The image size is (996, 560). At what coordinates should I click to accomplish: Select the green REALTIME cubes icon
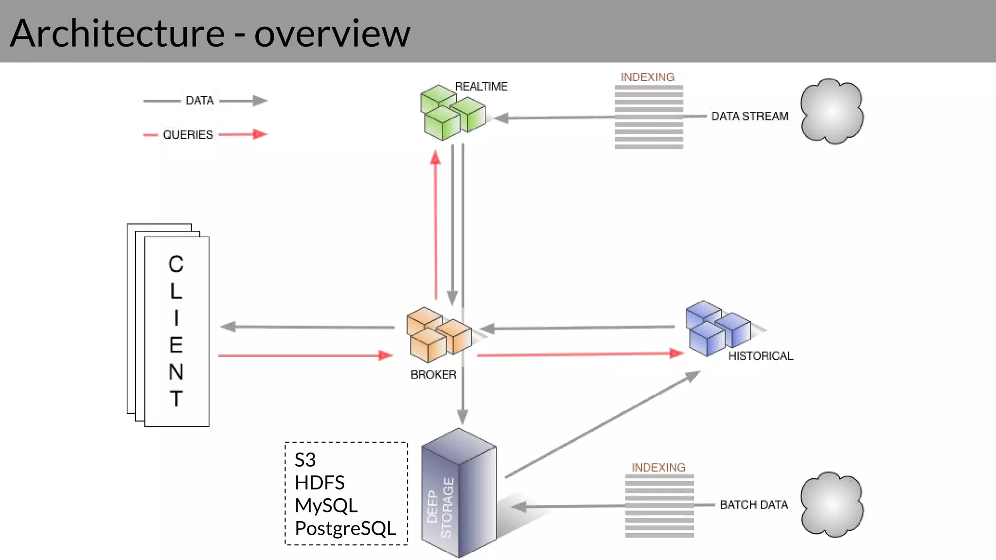(x=451, y=113)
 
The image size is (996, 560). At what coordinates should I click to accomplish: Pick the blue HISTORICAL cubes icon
(x=717, y=328)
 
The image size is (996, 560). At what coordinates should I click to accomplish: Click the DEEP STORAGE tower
(x=459, y=493)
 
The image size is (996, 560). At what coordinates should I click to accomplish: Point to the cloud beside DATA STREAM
(x=832, y=112)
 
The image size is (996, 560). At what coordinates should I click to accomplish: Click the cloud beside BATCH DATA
(x=832, y=505)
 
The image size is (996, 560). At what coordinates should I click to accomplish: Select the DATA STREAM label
(x=749, y=116)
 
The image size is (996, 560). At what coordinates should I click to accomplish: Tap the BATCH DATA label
(x=753, y=505)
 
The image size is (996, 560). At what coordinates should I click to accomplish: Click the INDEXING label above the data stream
(x=647, y=77)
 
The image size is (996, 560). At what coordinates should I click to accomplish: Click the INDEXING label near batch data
(x=658, y=468)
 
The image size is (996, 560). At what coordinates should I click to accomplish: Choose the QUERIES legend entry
(x=188, y=135)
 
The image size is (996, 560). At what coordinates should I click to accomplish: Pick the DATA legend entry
(x=199, y=101)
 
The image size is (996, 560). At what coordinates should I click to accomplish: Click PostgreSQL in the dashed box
(x=345, y=528)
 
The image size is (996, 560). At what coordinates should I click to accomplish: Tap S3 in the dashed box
(x=305, y=460)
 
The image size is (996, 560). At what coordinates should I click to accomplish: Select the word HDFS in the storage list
(x=320, y=483)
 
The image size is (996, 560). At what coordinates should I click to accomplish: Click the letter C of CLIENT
(x=176, y=264)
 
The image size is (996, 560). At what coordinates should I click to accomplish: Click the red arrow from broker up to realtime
(x=436, y=224)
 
